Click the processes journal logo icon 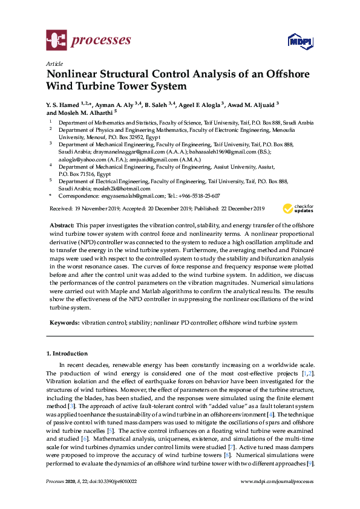click(x=57, y=40)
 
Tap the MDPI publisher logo click(x=301, y=41)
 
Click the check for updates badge click(x=296, y=208)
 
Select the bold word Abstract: click(x=62, y=224)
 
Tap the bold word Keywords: click(x=64, y=323)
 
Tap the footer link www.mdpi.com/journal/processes click(x=277, y=482)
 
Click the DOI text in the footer click(x=113, y=482)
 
